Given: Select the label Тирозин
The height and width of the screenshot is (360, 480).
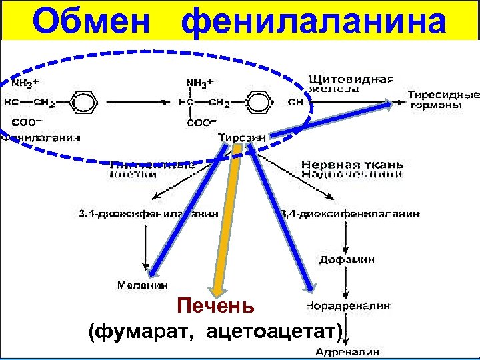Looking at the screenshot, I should coord(241,138).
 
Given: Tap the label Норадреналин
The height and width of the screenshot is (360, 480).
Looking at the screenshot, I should coord(347,306).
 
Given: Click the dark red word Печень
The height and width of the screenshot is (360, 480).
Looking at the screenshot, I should coord(215,307).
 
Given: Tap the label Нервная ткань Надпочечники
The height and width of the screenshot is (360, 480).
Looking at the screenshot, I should coord(351,169).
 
